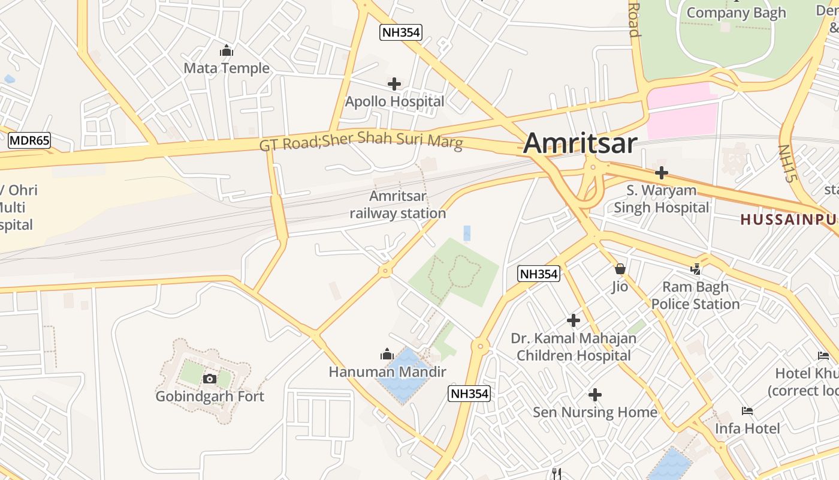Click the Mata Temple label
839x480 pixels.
coord(227,68)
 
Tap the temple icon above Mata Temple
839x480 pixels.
coord(227,51)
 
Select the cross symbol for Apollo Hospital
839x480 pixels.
coord(394,84)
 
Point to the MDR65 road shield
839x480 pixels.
coord(29,141)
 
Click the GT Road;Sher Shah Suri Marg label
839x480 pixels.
coord(361,140)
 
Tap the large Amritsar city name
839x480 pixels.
coord(580,144)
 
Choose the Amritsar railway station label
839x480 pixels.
coord(398,205)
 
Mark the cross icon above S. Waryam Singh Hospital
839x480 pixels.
coord(662,173)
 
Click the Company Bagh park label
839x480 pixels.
coord(736,13)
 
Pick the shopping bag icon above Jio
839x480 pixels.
coord(620,269)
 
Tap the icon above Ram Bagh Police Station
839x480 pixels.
coord(696,269)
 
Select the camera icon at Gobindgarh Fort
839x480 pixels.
coord(209,379)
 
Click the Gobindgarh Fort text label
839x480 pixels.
coord(210,397)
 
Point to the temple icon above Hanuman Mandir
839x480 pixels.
coord(387,355)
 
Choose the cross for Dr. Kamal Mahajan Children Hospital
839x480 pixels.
coord(574,320)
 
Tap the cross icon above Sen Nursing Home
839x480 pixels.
coord(595,395)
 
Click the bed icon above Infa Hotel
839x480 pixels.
coord(747,411)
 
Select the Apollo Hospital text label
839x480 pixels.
coord(394,101)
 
